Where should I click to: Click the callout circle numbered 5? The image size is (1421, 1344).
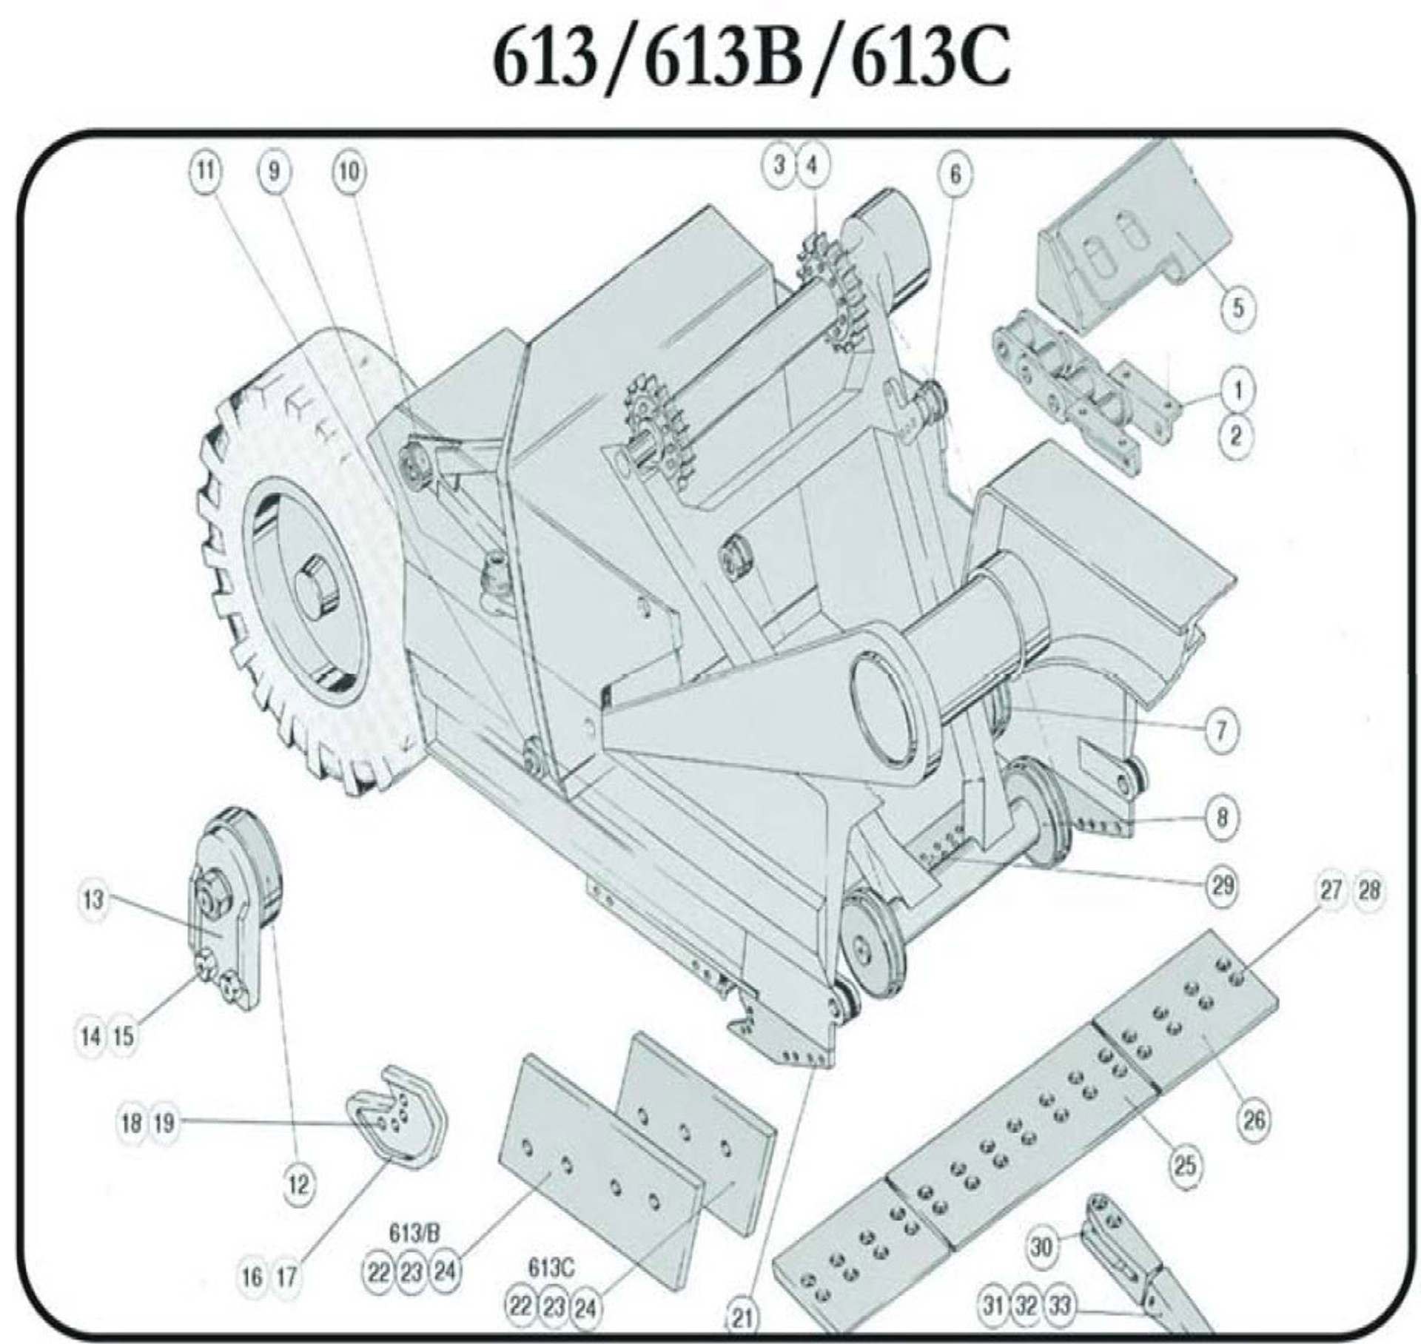coord(1238,306)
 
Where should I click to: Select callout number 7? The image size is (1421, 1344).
coord(1221,730)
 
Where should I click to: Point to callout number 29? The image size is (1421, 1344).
coord(1222,884)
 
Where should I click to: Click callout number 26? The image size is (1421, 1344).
coord(1253,1120)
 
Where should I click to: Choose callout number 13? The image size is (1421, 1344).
coord(93,901)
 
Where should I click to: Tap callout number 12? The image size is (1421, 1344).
coord(298,1185)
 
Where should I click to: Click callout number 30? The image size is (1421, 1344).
coord(1041,1246)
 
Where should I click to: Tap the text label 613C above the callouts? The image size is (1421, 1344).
coord(551,1267)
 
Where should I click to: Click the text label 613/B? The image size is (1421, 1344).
coord(414,1233)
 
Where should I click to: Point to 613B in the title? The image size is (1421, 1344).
coord(724,58)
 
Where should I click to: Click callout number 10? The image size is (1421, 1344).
coord(349,172)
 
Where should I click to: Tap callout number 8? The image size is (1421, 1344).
coord(1221,817)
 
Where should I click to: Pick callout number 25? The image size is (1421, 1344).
coord(1185,1165)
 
